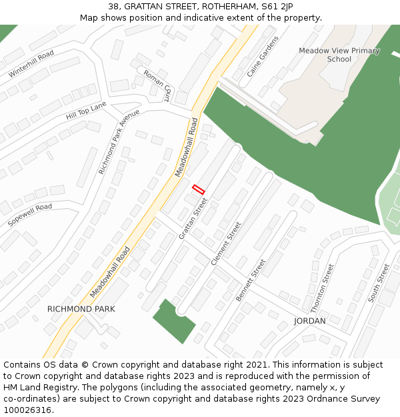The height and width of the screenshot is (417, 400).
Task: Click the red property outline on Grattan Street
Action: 198,189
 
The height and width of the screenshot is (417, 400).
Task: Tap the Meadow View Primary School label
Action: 339,55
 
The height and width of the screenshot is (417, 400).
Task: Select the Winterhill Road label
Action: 31,64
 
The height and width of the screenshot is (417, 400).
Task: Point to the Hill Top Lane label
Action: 86,111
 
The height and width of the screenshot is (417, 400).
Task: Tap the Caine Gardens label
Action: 254,57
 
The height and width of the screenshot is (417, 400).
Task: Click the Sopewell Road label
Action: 29,216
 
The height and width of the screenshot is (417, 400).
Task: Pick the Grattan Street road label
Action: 193,218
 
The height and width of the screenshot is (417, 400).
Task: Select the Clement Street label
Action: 226,244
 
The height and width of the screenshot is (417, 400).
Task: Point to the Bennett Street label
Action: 251,280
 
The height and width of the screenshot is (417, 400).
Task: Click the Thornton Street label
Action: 322,288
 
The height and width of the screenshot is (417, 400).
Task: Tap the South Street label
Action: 379,283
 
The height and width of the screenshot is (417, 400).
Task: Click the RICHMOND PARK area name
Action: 81,309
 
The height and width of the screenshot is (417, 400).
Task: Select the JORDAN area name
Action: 310,321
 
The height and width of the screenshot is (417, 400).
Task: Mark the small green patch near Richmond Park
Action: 174,320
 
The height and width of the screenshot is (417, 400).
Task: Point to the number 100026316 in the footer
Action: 27,410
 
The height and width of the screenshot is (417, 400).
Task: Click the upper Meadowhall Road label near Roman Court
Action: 187,147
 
